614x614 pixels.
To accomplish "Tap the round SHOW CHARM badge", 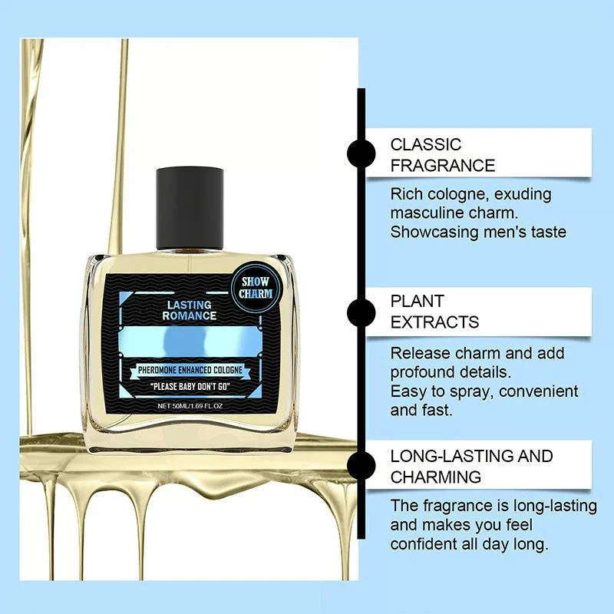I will (x=255, y=288).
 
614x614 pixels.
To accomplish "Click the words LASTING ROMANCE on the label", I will (x=190, y=310).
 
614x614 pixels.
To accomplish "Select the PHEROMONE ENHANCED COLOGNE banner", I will (x=190, y=370).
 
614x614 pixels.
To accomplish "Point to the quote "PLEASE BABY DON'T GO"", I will (x=190, y=386).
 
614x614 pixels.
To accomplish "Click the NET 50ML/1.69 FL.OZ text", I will (x=190, y=406).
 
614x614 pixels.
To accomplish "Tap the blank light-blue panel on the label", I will (x=190, y=338).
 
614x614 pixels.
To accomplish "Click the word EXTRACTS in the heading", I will (x=434, y=322).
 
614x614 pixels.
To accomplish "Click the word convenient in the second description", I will (x=536, y=391).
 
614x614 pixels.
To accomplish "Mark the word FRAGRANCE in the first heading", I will (x=443, y=165).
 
